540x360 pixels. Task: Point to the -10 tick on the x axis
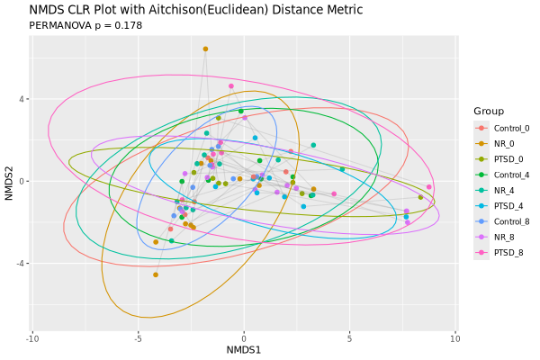click(x=32, y=338)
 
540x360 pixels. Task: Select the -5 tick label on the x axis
click(x=138, y=338)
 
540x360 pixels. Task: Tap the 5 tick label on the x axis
click(x=349, y=338)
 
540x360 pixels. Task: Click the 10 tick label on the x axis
click(x=454, y=338)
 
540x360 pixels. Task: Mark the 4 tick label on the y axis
click(x=22, y=99)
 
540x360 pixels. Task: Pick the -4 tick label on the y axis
click(x=21, y=263)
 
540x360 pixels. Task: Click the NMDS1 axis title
click(x=244, y=349)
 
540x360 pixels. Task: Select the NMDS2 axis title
click(x=9, y=181)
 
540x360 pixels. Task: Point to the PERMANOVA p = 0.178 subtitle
click(x=86, y=25)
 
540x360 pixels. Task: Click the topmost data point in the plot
click(x=205, y=49)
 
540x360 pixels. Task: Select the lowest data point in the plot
click(x=156, y=274)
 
